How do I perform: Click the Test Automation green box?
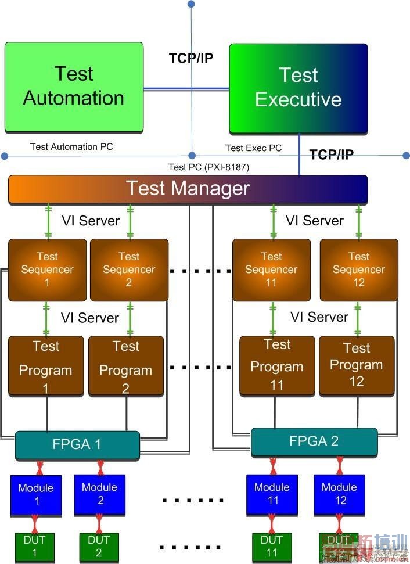[74, 87]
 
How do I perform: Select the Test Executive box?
[298, 88]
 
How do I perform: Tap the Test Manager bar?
[188, 189]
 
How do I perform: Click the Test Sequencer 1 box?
[47, 270]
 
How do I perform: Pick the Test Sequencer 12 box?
[359, 270]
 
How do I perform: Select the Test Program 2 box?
[126, 366]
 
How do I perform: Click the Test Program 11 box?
[277, 366]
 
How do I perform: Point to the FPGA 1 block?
[77, 446]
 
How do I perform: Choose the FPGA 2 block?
[314, 442]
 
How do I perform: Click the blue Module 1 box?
[35, 494]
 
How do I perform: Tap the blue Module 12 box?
[340, 494]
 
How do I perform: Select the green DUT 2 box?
[99, 547]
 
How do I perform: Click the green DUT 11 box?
[272, 547]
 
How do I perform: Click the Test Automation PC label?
[71, 147]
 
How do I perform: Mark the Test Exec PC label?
[253, 148]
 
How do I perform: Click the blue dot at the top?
[191, 4]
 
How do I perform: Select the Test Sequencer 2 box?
[129, 270]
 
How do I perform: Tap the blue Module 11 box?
[272, 494]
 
